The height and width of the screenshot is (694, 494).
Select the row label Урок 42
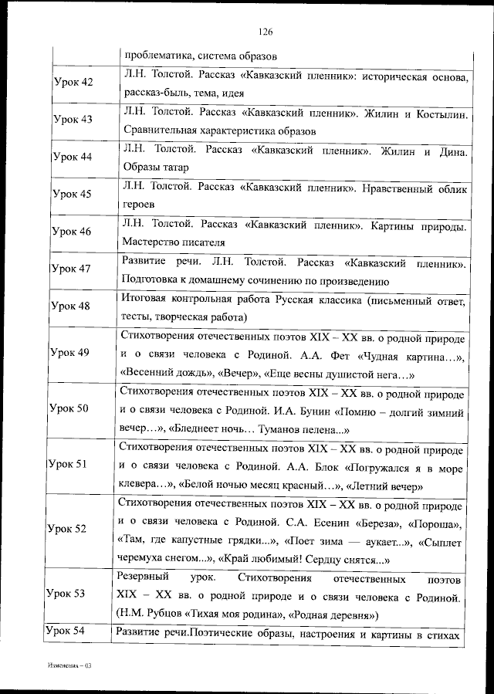click(73, 83)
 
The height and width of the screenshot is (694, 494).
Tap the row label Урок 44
click(73, 157)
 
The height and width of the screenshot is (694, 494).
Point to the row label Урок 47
click(72, 269)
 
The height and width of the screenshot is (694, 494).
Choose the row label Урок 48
click(71, 306)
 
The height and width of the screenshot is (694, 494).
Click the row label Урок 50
click(69, 408)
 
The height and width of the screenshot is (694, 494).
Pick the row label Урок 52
click(67, 529)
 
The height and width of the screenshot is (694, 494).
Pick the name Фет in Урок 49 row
click(343, 356)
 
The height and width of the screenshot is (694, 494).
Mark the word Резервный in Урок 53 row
click(144, 578)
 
